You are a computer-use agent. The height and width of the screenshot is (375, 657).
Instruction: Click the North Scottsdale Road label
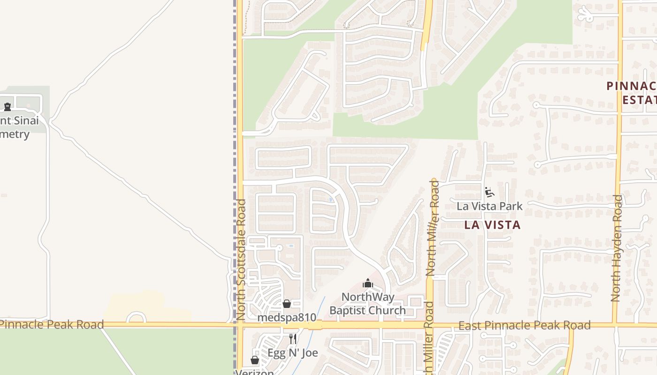241,260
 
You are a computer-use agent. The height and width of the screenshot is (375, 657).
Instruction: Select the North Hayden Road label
617,247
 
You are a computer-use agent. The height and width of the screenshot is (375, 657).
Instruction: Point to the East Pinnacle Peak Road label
524,325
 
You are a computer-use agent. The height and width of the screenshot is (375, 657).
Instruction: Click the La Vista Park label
489,206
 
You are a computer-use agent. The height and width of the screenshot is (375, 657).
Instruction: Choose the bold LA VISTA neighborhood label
492,225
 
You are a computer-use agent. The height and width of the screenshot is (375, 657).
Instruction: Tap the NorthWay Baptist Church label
367,304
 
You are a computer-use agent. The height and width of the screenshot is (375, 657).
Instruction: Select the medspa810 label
287,317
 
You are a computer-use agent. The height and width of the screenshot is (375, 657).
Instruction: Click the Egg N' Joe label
293,353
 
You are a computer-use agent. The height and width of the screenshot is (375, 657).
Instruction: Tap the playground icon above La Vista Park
489,192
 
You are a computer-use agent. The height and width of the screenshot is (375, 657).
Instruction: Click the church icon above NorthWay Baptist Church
367,283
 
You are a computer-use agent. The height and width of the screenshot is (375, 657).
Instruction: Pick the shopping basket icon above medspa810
287,304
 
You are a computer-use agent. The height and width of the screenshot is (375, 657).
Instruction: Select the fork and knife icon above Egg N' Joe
293,339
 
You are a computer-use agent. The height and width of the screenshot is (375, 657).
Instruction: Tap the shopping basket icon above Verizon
254,360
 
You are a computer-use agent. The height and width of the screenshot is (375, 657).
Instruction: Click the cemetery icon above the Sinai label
7,107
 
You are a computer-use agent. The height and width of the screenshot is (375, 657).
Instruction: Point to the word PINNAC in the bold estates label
631,86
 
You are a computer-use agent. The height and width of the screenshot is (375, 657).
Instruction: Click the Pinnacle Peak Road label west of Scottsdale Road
52,324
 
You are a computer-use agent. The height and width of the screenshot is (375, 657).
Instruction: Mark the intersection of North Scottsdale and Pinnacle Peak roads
240,324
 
